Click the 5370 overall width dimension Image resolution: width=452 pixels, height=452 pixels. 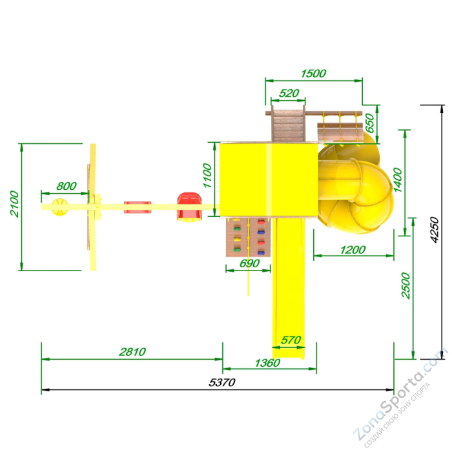pos(222,382)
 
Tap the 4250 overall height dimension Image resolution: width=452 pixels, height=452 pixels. pos(434,230)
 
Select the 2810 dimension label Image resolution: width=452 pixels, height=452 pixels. pos(132,352)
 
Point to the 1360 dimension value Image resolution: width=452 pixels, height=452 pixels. pos(267,363)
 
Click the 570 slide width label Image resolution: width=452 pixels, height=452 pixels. pos(291,340)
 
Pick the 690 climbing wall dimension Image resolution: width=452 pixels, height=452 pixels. pos(250,263)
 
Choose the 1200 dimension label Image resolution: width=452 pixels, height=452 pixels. pos(353,250)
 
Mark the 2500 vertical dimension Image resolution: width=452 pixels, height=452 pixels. pos(406,285)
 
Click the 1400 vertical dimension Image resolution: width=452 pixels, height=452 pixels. pos(398,180)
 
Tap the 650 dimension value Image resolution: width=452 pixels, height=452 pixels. pos(369,123)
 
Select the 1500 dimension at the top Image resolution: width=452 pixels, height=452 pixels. pos(313,74)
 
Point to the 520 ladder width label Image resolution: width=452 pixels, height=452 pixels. pos(289,93)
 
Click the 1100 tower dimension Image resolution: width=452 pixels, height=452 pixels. pos(207,176)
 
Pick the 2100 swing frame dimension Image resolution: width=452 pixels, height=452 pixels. pos(14,203)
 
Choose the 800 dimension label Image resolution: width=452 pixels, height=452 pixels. pos(67,186)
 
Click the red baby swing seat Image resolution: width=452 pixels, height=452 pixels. pos(189,207)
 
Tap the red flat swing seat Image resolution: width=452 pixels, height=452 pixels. pos(138,207)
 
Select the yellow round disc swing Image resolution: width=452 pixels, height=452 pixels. pos(59,207)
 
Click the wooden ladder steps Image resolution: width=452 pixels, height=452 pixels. pos(288,126)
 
